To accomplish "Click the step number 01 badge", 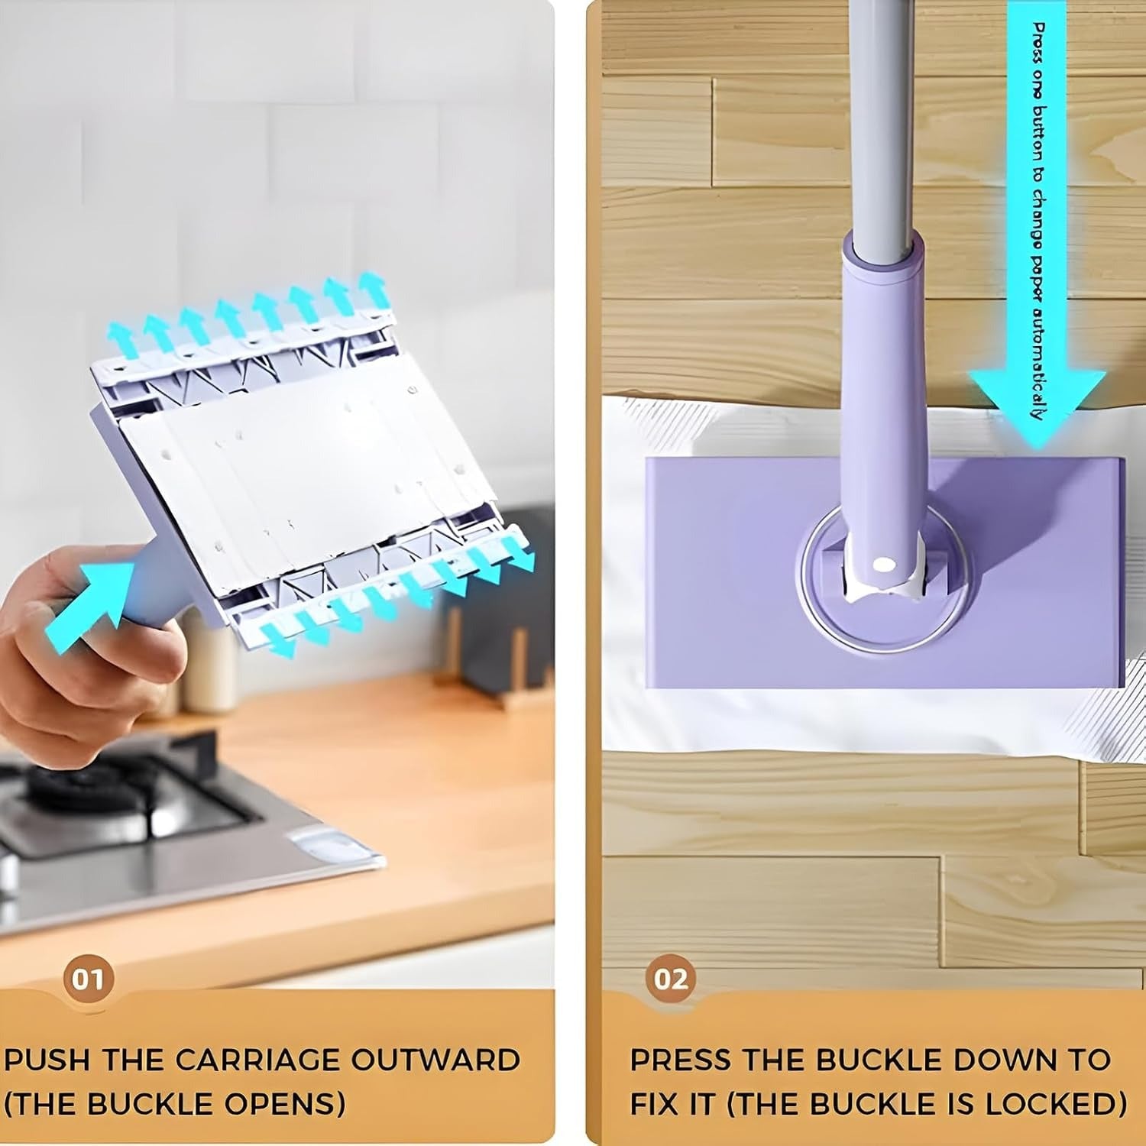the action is click(87, 979).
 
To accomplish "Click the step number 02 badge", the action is click(670, 979).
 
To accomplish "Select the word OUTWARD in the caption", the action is click(435, 1060).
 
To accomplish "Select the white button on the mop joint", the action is click(884, 565).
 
